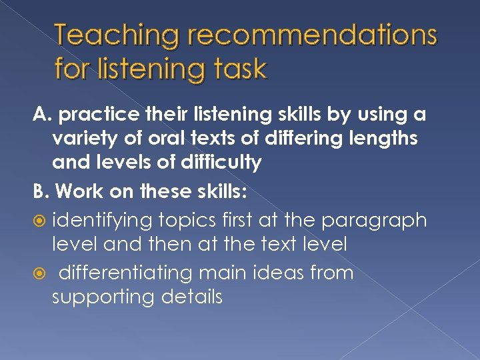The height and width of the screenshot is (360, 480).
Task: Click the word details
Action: tap(191, 297)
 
